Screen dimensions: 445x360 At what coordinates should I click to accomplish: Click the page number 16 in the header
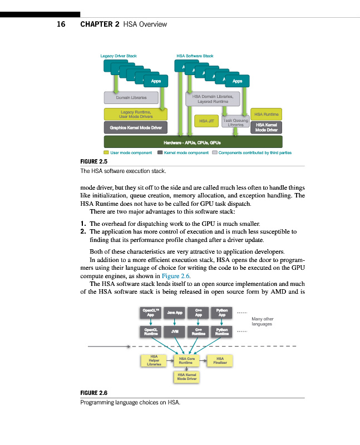click(x=61, y=24)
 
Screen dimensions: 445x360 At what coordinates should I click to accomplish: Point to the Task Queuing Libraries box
click(x=236, y=122)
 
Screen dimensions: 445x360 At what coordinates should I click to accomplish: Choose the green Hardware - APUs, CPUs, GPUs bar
click(x=193, y=142)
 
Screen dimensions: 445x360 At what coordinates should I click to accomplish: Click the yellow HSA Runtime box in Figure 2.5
click(x=267, y=114)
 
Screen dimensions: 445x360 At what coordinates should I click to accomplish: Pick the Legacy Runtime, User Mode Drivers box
click(x=136, y=114)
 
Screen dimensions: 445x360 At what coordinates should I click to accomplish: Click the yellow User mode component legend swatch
click(x=106, y=152)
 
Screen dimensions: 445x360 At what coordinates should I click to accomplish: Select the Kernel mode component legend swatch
click(x=160, y=152)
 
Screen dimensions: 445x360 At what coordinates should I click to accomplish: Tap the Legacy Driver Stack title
click(x=118, y=56)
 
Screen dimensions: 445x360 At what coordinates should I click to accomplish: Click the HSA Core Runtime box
click(x=187, y=361)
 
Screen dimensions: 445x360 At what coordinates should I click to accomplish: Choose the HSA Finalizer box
click(x=220, y=361)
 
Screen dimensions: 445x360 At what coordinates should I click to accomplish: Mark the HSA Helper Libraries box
click(x=154, y=361)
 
